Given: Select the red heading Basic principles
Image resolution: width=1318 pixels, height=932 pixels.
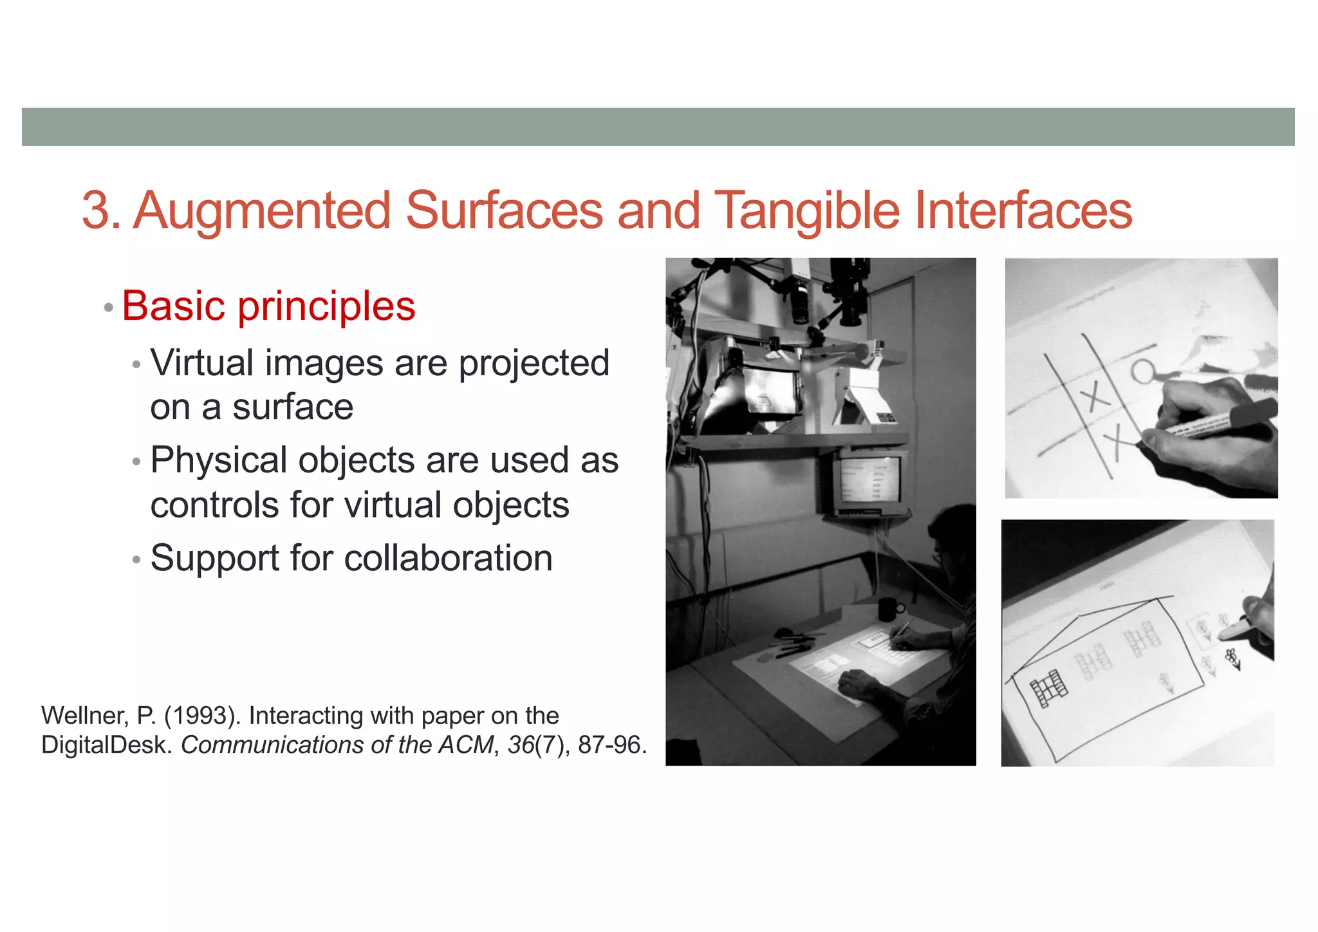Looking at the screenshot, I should click(x=268, y=306).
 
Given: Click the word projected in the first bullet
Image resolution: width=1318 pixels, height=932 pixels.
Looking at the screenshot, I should click(x=534, y=363).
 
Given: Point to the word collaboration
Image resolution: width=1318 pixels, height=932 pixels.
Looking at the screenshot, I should click(x=448, y=557).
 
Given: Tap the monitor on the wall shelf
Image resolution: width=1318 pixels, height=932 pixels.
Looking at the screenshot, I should click(x=870, y=483).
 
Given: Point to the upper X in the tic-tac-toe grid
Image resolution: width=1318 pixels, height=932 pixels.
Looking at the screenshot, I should click(x=1095, y=395).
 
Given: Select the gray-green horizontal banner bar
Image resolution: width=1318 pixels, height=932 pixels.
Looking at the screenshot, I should click(x=658, y=127).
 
